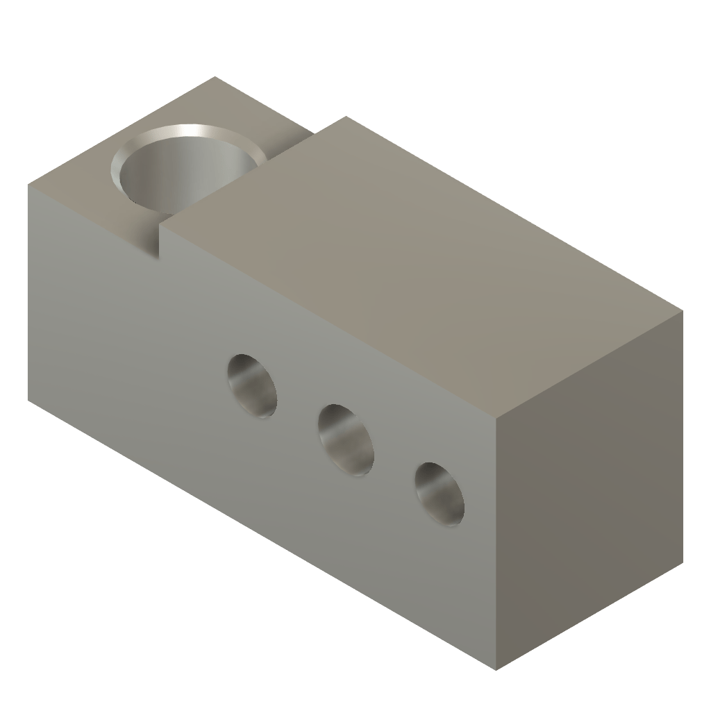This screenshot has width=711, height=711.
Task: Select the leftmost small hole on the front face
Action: (x=252, y=385)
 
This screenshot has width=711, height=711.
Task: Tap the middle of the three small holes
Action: (x=345, y=440)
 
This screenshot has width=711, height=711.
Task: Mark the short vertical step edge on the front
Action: (x=161, y=240)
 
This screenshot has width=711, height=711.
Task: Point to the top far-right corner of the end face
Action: (x=684, y=310)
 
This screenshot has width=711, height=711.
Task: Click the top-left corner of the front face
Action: (x=28, y=185)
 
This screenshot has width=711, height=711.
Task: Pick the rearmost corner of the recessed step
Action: (x=215, y=76)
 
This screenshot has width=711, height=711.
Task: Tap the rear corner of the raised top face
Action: (x=346, y=117)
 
